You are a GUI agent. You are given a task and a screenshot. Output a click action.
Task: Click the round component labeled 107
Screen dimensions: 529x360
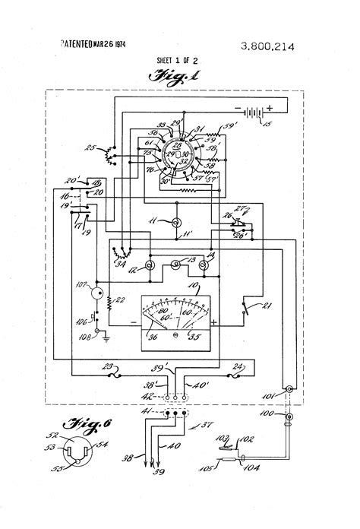(96, 293)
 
